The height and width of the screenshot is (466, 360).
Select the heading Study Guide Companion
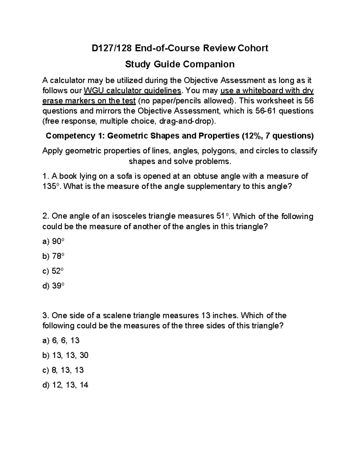[x=180, y=64]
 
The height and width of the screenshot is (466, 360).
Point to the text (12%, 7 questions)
[x=277, y=136]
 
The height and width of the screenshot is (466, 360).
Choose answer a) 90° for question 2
[x=54, y=242]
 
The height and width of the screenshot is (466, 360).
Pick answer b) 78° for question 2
[x=54, y=256]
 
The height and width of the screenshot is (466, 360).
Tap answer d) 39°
[x=54, y=286]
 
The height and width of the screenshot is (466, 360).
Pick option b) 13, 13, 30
[x=65, y=355]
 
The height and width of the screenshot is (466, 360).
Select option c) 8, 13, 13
[x=63, y=370]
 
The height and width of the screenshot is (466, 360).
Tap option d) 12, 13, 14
[x=65, y=385]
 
